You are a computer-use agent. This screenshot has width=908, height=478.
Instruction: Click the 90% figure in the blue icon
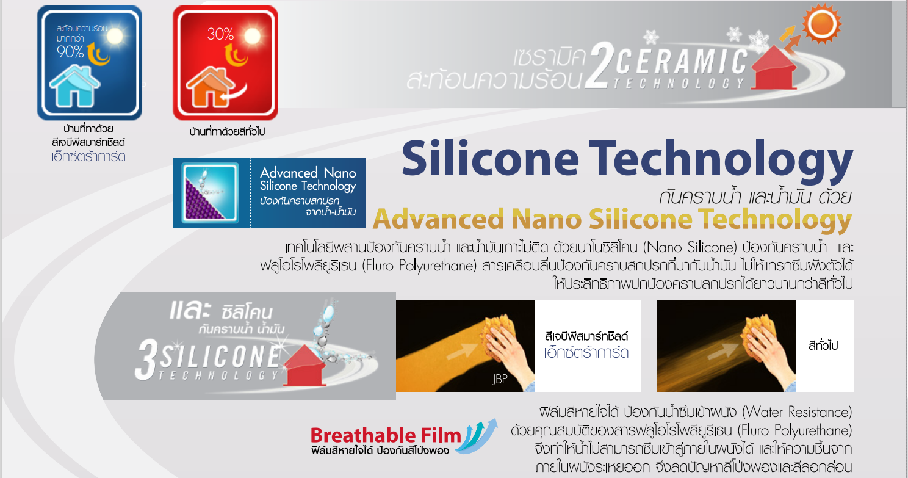70,51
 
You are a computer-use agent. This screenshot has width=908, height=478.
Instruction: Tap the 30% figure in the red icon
220,34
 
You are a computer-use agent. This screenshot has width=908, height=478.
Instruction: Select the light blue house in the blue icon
74,86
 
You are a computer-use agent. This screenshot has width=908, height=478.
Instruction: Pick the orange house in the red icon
210,87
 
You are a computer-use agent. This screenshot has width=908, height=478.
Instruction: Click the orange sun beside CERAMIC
822,24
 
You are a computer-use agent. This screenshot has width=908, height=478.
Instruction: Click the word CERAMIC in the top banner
681,62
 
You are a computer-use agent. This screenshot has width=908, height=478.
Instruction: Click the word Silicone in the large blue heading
489,158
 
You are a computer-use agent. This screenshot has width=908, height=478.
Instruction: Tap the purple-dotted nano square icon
210,192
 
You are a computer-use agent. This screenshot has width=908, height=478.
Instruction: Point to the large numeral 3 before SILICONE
146,360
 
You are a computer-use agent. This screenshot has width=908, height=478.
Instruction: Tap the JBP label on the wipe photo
499,379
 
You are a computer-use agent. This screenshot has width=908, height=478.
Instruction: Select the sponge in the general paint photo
759,333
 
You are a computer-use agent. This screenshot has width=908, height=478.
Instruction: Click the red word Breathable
363,435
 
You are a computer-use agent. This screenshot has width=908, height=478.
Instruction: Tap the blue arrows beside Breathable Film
478,436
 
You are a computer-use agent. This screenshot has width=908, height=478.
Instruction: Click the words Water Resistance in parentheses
797,412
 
